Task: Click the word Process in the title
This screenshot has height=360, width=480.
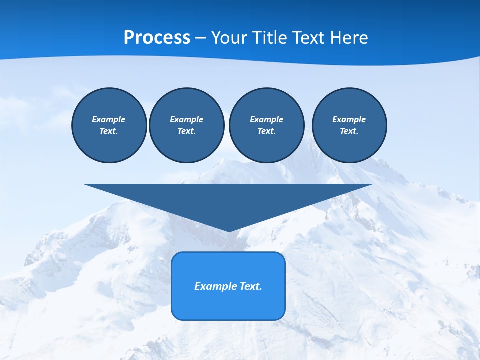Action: [x=157, y=38]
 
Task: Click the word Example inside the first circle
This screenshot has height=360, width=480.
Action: [x=109, y=119]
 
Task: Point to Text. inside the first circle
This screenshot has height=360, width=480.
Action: [x=109, y=131]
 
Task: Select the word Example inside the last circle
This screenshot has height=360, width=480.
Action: [x=349, y=119]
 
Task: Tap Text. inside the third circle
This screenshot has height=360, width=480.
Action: [x=266, y=131]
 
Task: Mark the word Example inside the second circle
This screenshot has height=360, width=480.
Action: [x=186, y=119]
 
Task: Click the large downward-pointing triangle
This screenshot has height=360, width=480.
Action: [x=228, y=200]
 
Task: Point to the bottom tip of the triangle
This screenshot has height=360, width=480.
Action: [x=228, y=230]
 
